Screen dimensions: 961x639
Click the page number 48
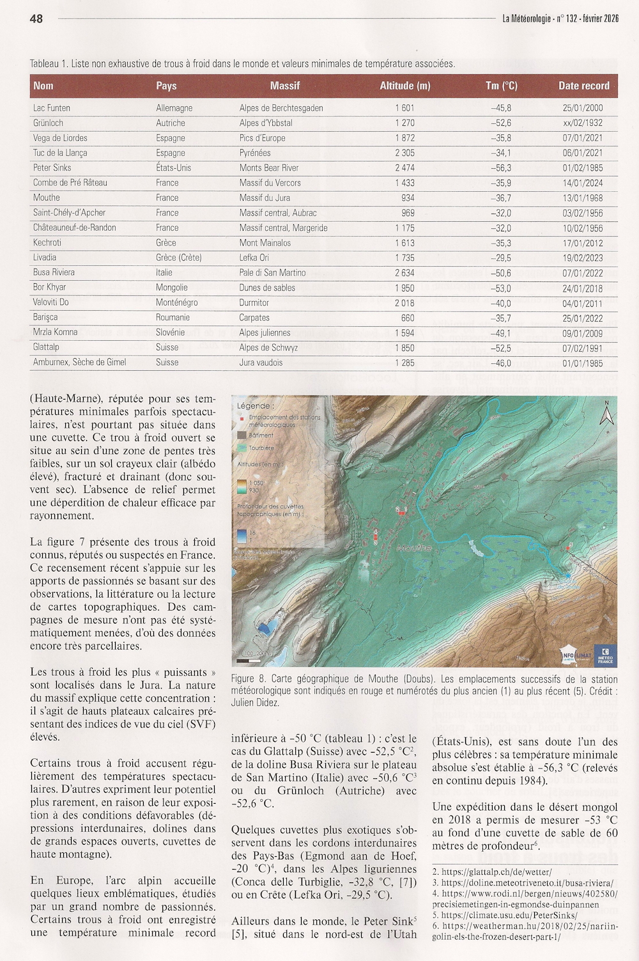(x=36, y=19)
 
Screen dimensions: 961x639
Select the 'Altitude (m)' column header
(x=404, y=86)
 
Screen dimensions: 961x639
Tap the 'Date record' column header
(x=583, y=86)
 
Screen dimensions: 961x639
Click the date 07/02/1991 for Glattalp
(x=582, y=348)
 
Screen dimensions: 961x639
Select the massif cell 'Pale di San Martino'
(x=272, y=273)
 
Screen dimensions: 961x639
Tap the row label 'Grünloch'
(x=48, y=123)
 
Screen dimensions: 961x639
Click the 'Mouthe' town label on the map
(x=413, y=548)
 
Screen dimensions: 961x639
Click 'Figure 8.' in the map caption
(x=249, y=680)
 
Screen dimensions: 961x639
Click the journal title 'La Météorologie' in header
(x=527, y=19)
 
